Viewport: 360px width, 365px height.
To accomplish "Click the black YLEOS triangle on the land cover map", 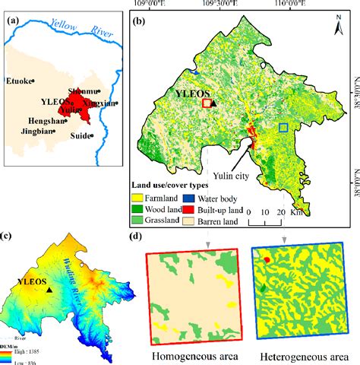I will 213,102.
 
